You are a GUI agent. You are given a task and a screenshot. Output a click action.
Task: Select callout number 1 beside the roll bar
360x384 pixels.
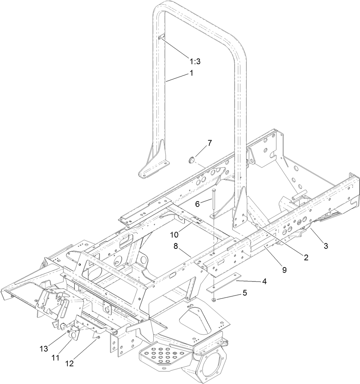tap(191, 73)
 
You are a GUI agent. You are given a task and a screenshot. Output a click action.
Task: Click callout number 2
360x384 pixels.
tap(305, 257)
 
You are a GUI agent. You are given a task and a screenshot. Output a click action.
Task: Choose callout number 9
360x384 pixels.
tap(284, 270)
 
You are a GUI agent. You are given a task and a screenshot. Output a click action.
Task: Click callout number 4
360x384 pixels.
tap(264, 281)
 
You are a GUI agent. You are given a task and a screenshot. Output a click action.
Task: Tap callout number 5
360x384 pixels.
tap(245, 293)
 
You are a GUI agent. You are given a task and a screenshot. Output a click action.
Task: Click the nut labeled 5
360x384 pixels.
tap(214, 299)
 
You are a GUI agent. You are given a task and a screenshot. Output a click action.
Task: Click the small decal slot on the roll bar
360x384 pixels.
tap(161, 38)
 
